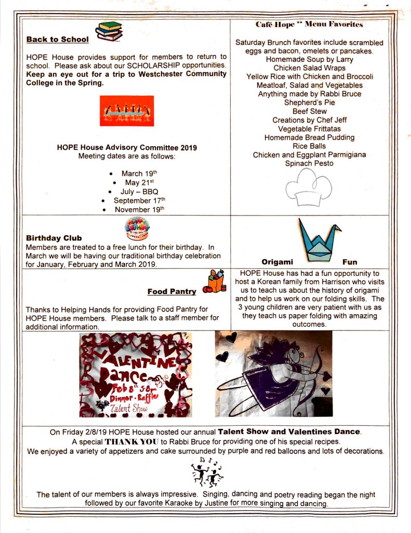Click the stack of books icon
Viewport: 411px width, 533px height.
point(109,31)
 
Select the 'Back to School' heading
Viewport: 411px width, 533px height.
point(58,39)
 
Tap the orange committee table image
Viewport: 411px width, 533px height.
point(127,110)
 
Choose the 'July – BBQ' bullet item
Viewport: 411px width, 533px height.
point(139,191)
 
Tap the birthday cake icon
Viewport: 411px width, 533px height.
point(137,228)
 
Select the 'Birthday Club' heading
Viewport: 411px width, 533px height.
point(54,238)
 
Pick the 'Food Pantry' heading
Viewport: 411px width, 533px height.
point(172,291)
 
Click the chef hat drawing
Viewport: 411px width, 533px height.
point(308,187)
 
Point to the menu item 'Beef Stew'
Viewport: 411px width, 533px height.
point(309,111)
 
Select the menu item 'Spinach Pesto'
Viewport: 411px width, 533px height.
point(309,163)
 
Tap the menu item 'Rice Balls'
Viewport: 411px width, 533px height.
point(309,146)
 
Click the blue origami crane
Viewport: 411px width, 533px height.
point(319,239)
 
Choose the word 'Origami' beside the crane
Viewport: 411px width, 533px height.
point(278,262)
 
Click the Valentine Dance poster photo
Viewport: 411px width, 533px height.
point(136,374)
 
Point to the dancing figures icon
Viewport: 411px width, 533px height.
point(206,472)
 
